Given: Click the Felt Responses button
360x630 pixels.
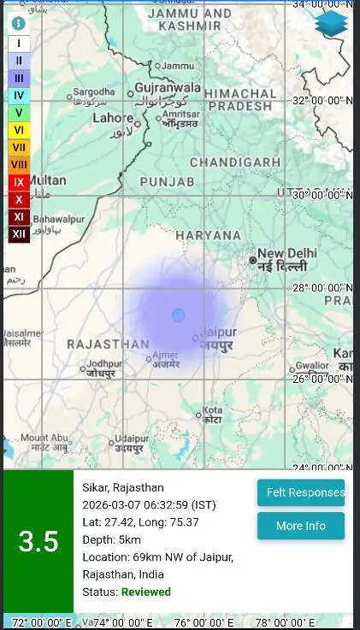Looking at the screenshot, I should (301, 492).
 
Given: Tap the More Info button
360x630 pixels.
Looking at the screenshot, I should (301, 526).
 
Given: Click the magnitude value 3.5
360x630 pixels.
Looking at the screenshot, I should (38, 542).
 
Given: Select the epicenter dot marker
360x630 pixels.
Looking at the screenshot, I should (178, 315).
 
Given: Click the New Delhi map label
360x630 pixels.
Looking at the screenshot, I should (287, 254).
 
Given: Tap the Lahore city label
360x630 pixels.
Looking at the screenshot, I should (113, 118).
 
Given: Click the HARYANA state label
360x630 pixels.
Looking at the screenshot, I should (209, 234).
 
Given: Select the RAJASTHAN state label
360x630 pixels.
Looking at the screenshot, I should (108, 344).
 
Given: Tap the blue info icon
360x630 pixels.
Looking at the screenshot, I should (18, 23).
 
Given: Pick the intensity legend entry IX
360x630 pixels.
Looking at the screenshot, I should (19, 181).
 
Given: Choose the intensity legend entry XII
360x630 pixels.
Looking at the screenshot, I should (19, 233).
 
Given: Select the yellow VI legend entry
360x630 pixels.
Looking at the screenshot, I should (19, 129).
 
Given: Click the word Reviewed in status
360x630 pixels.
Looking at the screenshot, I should (145, 592).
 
